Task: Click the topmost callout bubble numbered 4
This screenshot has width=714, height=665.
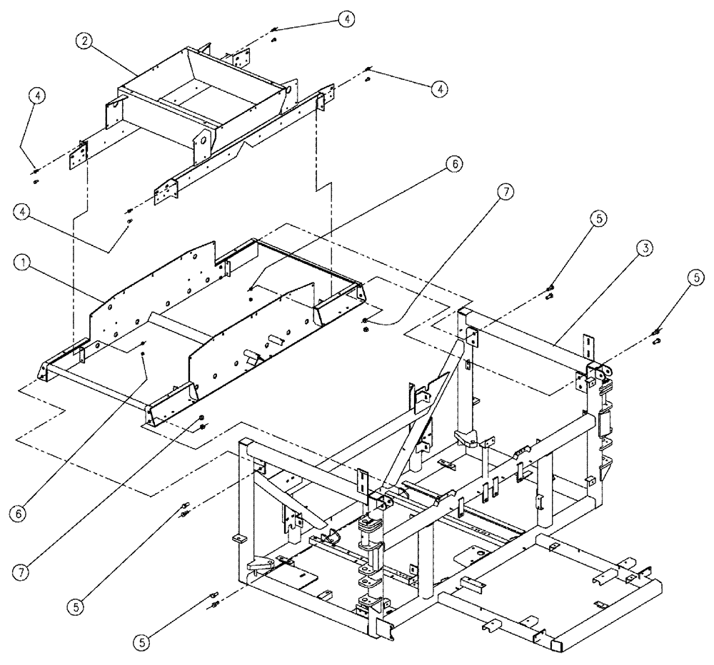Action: [x=346, y=20]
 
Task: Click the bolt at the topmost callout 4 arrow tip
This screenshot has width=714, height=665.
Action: [x=274, y=31]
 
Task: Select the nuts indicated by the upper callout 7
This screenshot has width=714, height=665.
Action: [x=365, y=324]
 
